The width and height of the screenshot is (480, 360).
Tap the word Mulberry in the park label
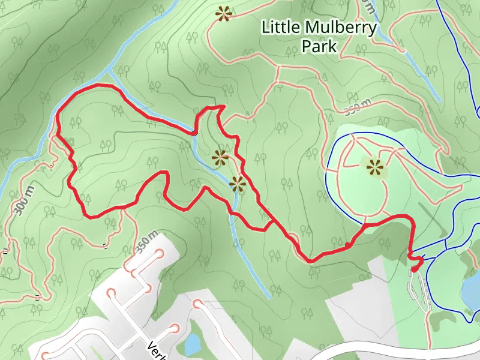340,27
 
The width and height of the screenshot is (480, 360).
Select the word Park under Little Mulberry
319,46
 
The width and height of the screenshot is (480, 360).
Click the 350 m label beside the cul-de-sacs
146,241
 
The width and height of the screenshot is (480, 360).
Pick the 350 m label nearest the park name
358,108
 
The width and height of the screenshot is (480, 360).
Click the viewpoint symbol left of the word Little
224,13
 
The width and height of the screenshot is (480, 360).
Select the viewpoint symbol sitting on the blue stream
238,184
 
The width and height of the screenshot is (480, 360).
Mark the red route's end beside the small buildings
414,270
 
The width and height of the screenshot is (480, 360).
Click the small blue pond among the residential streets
193,344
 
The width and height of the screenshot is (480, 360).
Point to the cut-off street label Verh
157,351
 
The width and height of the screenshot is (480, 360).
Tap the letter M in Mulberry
313,27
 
